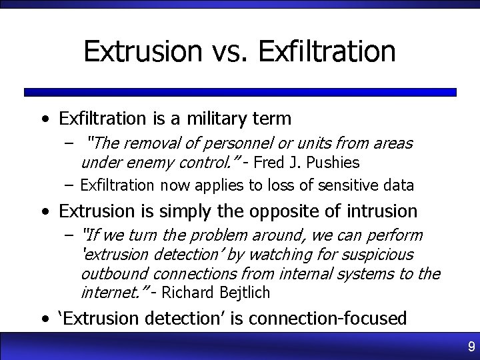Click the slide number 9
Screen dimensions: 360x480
[x=471, y=347]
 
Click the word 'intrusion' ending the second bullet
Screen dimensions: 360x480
[x=382, y=211]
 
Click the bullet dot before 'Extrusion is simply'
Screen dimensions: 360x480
[x=44, y=212]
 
